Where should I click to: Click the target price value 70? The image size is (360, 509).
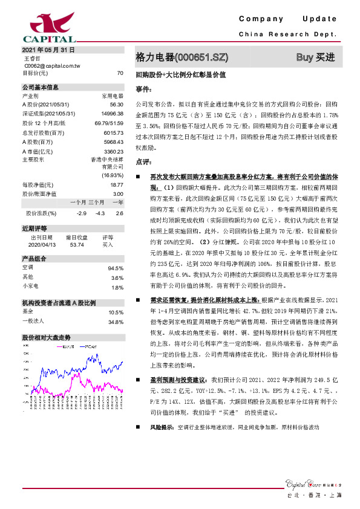(x=120, y=73)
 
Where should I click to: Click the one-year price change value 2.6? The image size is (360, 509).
(x=119, y=213)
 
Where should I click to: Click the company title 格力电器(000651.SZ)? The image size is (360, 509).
(x=182, y=57)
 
